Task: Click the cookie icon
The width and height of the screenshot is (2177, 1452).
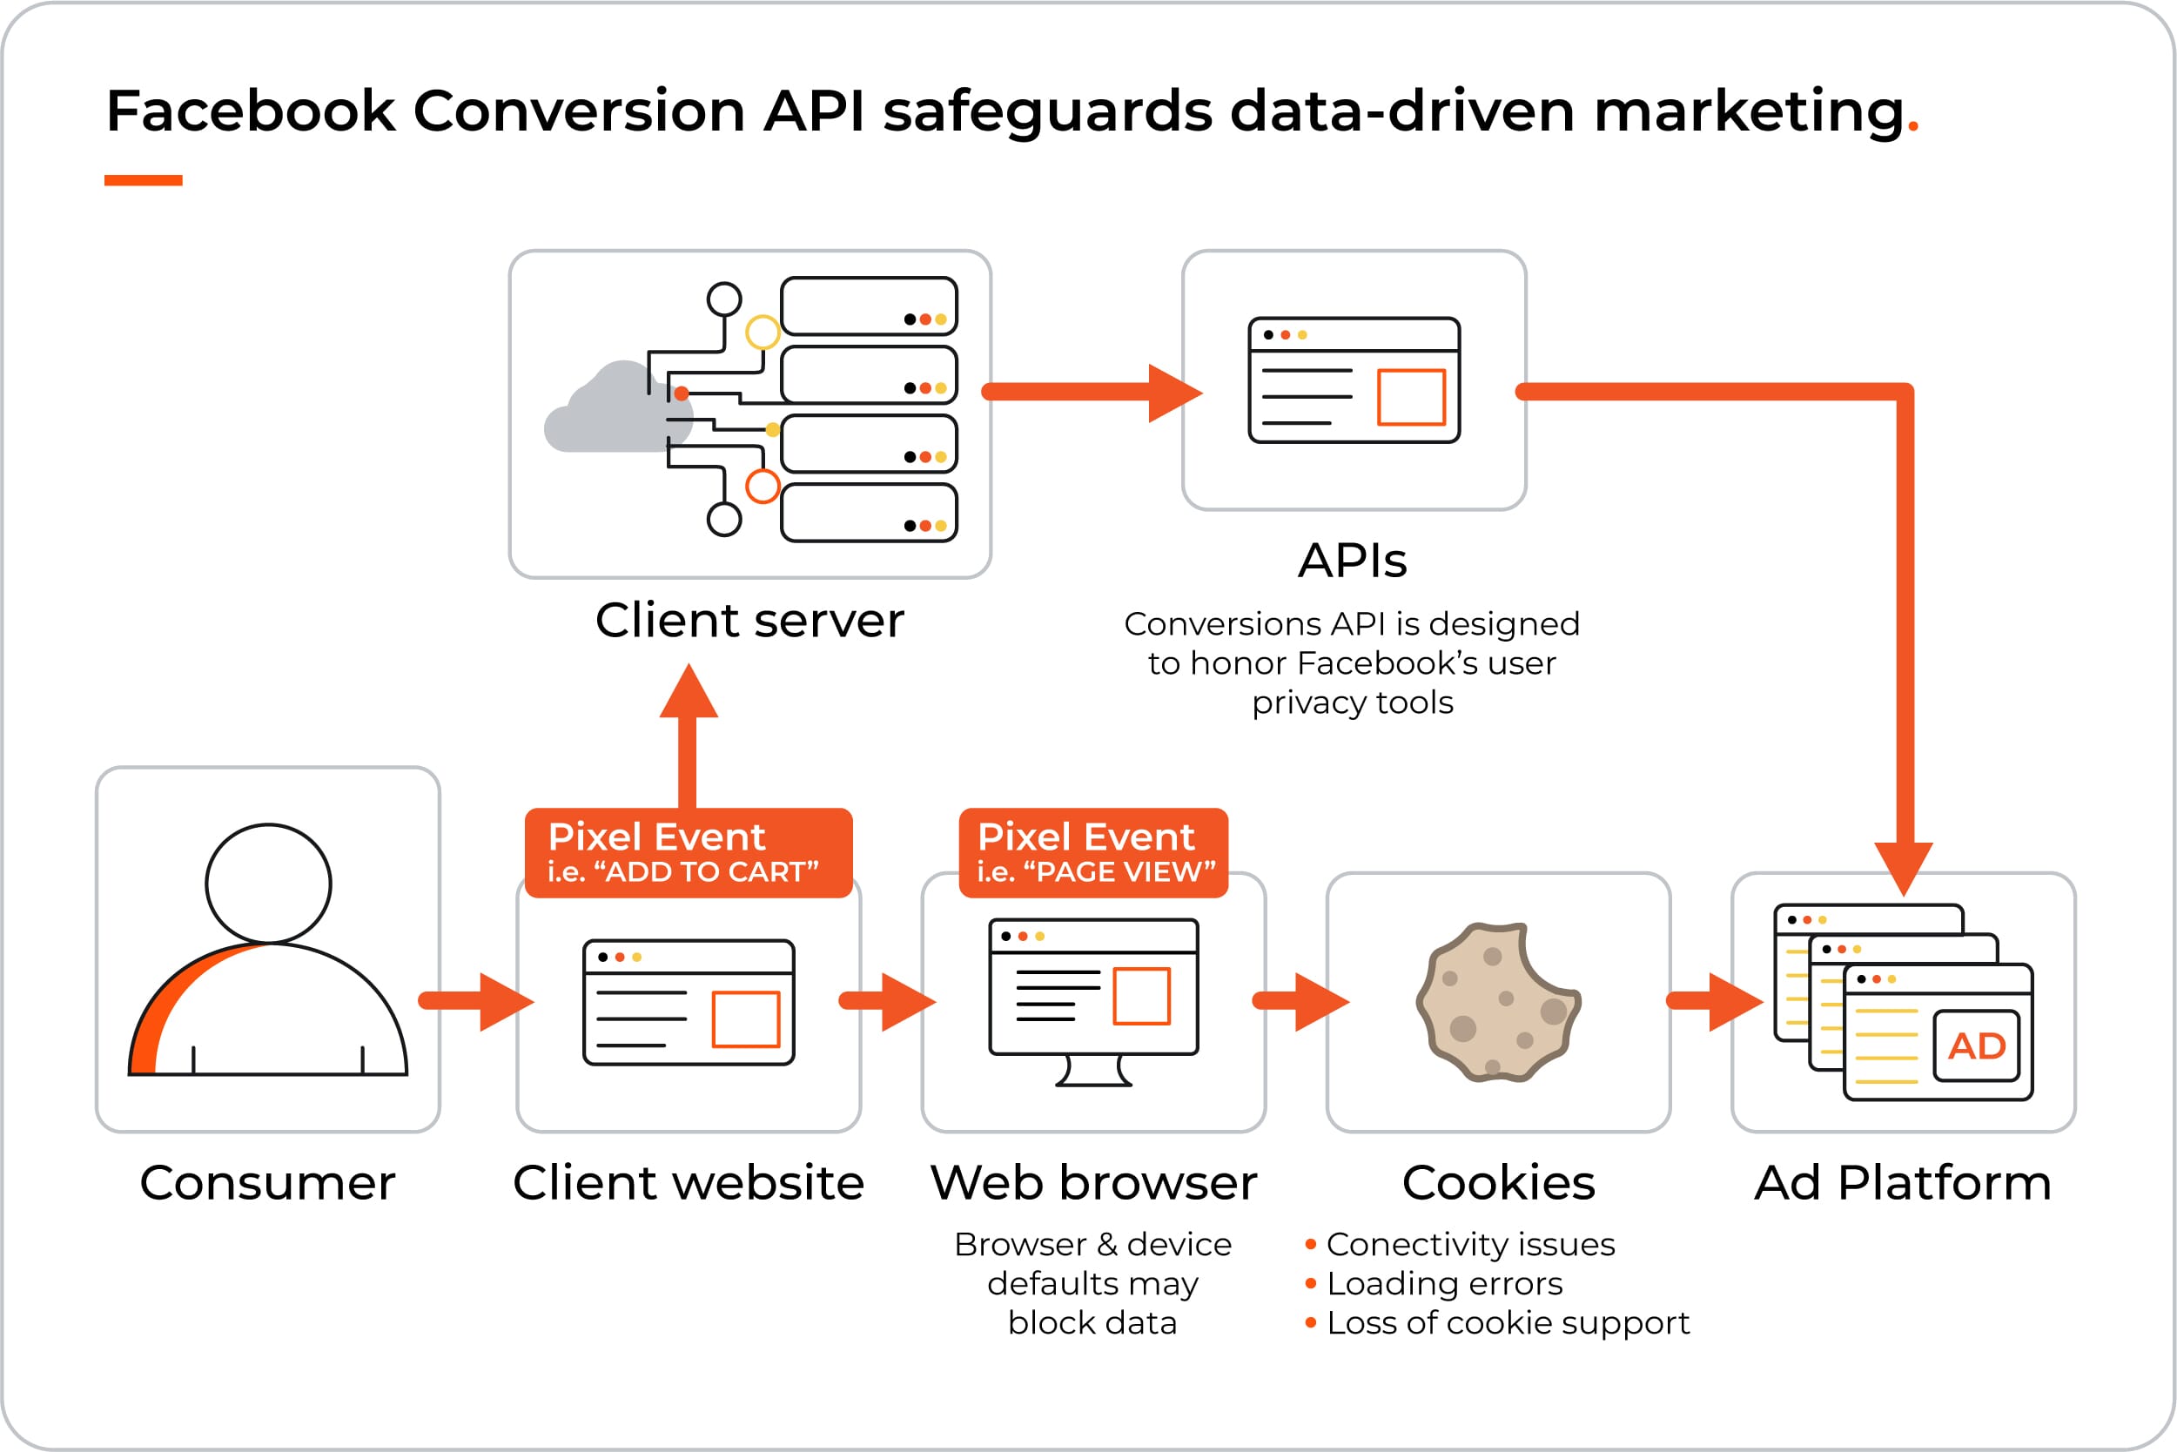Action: coord(1498,1002)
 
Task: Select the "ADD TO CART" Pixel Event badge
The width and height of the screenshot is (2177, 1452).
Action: coord(688,853)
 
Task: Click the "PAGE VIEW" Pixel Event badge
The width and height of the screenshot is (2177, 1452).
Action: coord(1093,853)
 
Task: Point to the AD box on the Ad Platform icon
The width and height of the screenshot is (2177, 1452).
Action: coord(1976,1045)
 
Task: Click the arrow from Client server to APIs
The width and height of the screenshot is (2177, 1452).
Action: coord(1092,393)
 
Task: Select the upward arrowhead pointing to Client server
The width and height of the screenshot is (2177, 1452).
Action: coord(688,690)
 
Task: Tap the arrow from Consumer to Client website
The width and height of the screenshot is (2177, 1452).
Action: coord(476,1001)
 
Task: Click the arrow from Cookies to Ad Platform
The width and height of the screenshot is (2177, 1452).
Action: coord(1715,1001)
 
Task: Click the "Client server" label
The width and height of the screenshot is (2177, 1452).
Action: coord(749,620)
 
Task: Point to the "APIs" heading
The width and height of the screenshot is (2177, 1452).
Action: coord(1352,561)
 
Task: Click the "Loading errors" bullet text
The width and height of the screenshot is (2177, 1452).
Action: coord(1443,1283)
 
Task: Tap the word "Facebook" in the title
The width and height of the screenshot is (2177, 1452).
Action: coord(251,111)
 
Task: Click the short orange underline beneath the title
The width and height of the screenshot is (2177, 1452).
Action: coord(144,180)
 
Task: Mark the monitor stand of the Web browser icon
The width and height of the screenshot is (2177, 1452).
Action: coord(1093,1071)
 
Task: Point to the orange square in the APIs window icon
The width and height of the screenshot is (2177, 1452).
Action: coord(1411,397)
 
